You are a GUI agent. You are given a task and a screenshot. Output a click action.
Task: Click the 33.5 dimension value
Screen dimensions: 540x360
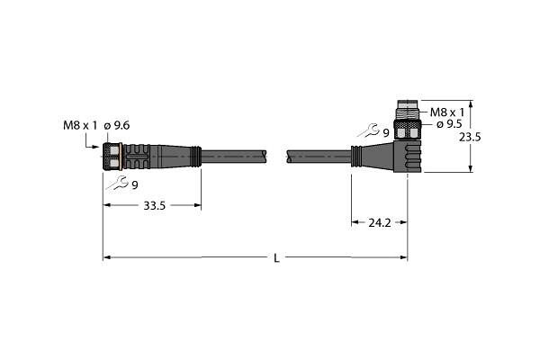coord(154,206)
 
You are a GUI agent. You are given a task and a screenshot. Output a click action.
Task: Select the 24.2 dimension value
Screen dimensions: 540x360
coord(380,223)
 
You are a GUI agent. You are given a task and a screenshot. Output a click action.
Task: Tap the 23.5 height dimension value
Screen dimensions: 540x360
coord(470,137)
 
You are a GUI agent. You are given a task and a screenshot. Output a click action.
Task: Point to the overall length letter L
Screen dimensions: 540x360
coord(276,258)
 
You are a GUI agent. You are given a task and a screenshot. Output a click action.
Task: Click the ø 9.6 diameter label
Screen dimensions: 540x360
coord(117,126)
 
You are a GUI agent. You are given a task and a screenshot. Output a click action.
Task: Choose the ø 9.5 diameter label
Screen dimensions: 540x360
coord(449,124)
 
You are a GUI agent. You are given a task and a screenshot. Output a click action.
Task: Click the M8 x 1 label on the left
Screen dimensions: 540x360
coord(80,126)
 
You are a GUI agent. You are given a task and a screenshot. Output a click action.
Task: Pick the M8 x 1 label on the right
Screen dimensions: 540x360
coord(447,112)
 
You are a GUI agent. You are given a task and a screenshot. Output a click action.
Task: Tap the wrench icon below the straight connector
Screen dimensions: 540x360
coord(117,182)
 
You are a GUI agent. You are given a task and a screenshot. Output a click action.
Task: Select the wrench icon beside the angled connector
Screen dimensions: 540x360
coord(368,130)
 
